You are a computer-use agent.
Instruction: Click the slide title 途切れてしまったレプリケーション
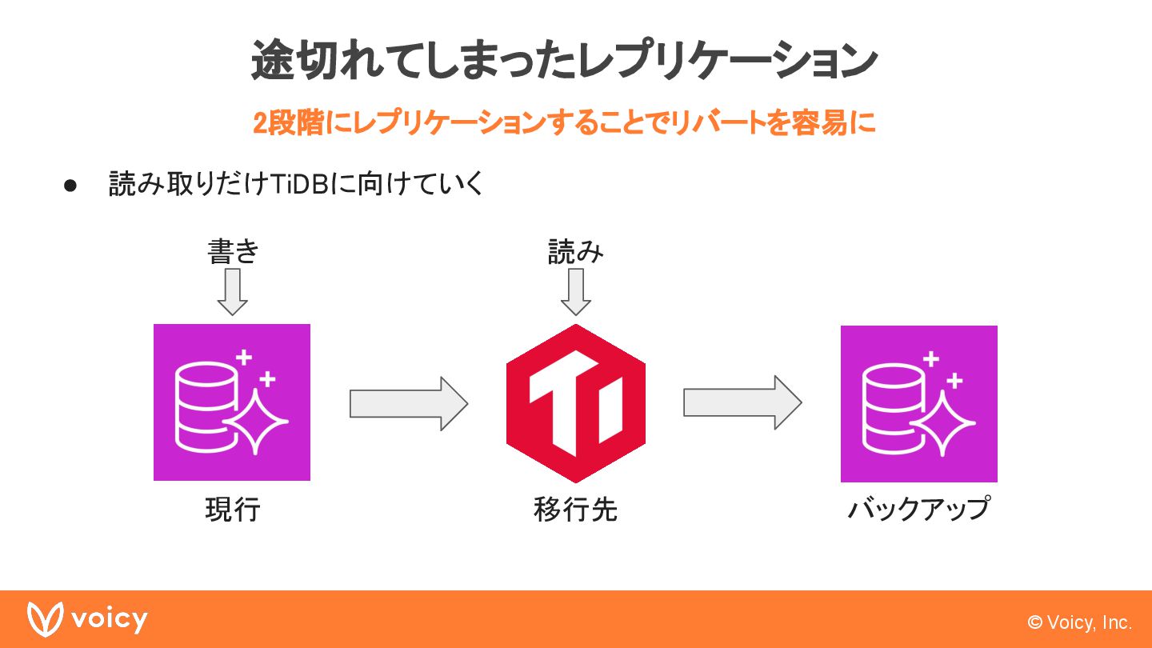coord(564,61)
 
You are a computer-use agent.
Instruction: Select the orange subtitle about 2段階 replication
coord(564,123)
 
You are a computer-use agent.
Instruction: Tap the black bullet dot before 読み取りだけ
coord(70,186)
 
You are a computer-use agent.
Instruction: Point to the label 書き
coord(233,251)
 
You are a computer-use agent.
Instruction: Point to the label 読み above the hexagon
coord(575,251)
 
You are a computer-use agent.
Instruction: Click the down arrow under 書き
coord(233,292)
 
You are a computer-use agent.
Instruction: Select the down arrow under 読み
coord(576,292)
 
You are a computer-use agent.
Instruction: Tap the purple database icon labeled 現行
coord(232,402)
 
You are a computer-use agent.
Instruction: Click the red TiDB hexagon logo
coord(576,403)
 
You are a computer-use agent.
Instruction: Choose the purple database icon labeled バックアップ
coord(919,404)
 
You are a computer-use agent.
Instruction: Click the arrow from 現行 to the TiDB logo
coord(408,404)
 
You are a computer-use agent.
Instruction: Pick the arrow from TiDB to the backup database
coord(742,403)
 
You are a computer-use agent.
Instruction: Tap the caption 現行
coord(233,510)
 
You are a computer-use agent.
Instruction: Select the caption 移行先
coord(575,510)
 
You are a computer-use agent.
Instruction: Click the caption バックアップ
coord(919,509)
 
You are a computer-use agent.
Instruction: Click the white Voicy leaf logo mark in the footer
coord(45,618)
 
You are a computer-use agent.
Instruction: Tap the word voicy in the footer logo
coord(109,620)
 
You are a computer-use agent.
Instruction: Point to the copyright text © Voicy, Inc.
coord(1080,622)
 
